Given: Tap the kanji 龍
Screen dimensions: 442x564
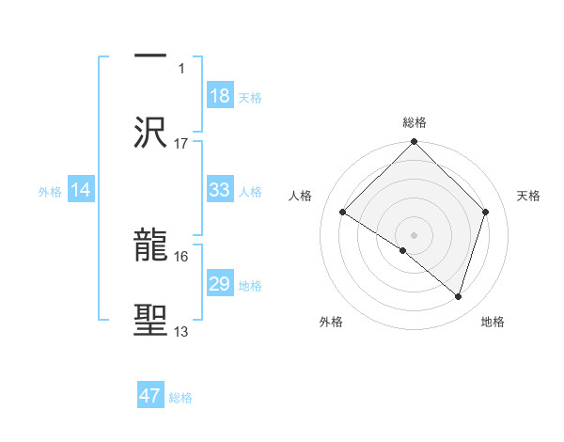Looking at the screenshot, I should pos(151,245).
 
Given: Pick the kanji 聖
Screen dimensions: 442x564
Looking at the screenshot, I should pos(151,321).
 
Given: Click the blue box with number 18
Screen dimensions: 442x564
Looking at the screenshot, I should pos(219,96).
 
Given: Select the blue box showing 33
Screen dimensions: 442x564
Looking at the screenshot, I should pos(219,190).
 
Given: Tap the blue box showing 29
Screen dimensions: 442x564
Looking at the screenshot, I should pos(219,284).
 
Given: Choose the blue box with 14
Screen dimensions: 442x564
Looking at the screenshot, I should pos(81,190).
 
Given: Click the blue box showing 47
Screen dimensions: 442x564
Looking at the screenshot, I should pos(150,396).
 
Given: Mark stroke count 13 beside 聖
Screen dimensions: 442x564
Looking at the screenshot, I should pos(181,331).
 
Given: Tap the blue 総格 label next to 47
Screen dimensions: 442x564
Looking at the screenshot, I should pos(180,398).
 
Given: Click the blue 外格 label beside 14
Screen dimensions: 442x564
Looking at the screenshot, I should pos(50,191).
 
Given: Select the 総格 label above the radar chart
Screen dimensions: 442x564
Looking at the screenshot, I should pos(415,122).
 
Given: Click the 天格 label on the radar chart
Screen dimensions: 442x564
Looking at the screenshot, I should pos(529,196).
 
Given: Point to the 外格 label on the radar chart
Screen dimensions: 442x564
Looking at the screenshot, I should pos(331,323).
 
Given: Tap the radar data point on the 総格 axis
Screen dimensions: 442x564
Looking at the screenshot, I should pos(415,143).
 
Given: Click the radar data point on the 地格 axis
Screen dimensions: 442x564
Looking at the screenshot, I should pos(459,297).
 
